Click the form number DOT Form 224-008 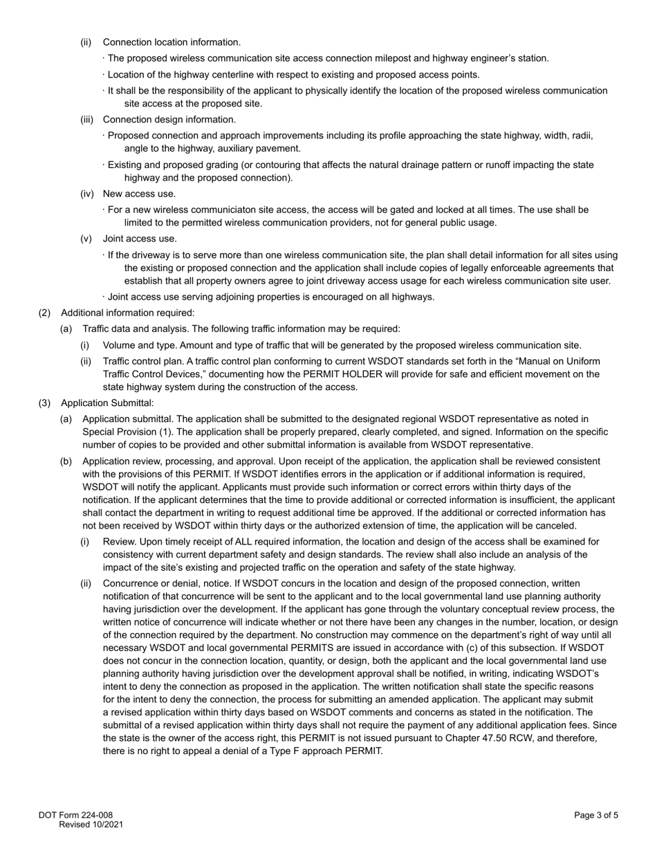[75, 815]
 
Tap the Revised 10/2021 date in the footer [91, 825]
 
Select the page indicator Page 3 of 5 [596, 815]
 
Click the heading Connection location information [172, 42]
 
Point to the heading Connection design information [169, 120]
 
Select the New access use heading [139, 194]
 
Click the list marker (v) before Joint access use [86, 239]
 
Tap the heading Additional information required [127, 313]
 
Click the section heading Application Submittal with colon [107, 403]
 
